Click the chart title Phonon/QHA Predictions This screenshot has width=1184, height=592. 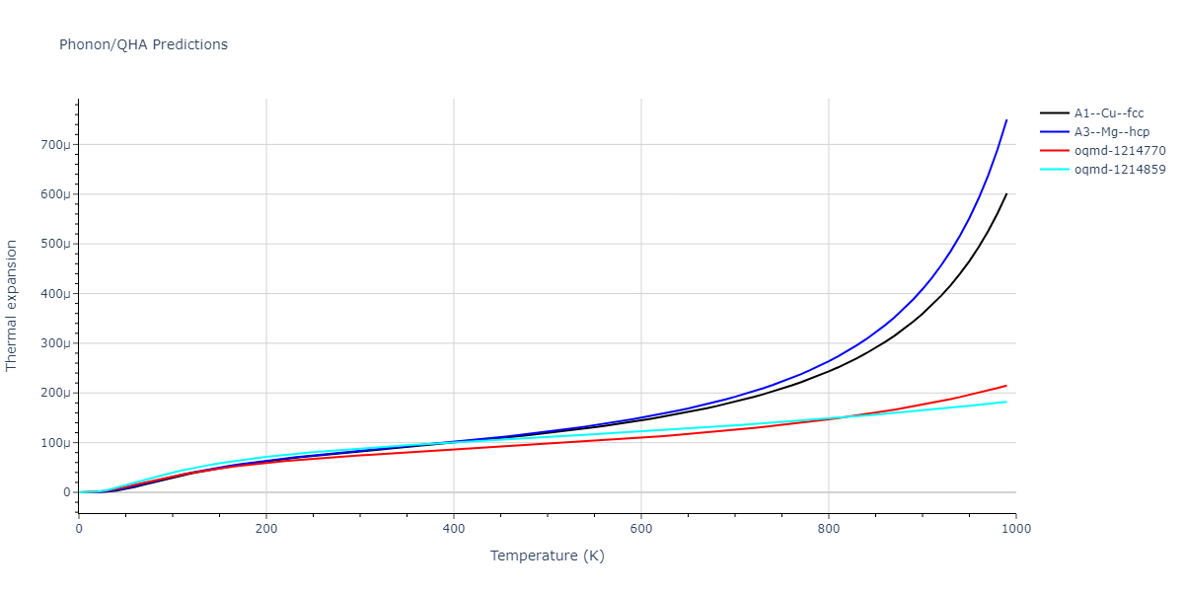click(143, 44)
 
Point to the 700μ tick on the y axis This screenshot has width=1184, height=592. click(56, 145)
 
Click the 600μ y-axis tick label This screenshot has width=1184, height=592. click(56, 194)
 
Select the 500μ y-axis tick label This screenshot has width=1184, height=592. click(56, 244)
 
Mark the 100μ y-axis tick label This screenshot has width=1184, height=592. click(56, 443)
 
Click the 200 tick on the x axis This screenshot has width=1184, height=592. click(266, 529)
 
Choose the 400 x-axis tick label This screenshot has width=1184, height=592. click(454, 529)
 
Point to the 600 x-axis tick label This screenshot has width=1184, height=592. click(641, 529)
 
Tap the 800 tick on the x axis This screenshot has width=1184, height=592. click(829, 529)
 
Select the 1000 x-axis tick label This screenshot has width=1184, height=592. click(1016, 529)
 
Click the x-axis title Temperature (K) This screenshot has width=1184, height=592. click(547, 556)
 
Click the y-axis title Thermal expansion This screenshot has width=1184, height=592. click(12, 305)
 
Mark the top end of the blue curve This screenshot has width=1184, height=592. click(1006, 120)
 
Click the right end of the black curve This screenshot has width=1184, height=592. click(1006, 193)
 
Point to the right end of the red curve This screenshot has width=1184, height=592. click(1006, 386)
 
